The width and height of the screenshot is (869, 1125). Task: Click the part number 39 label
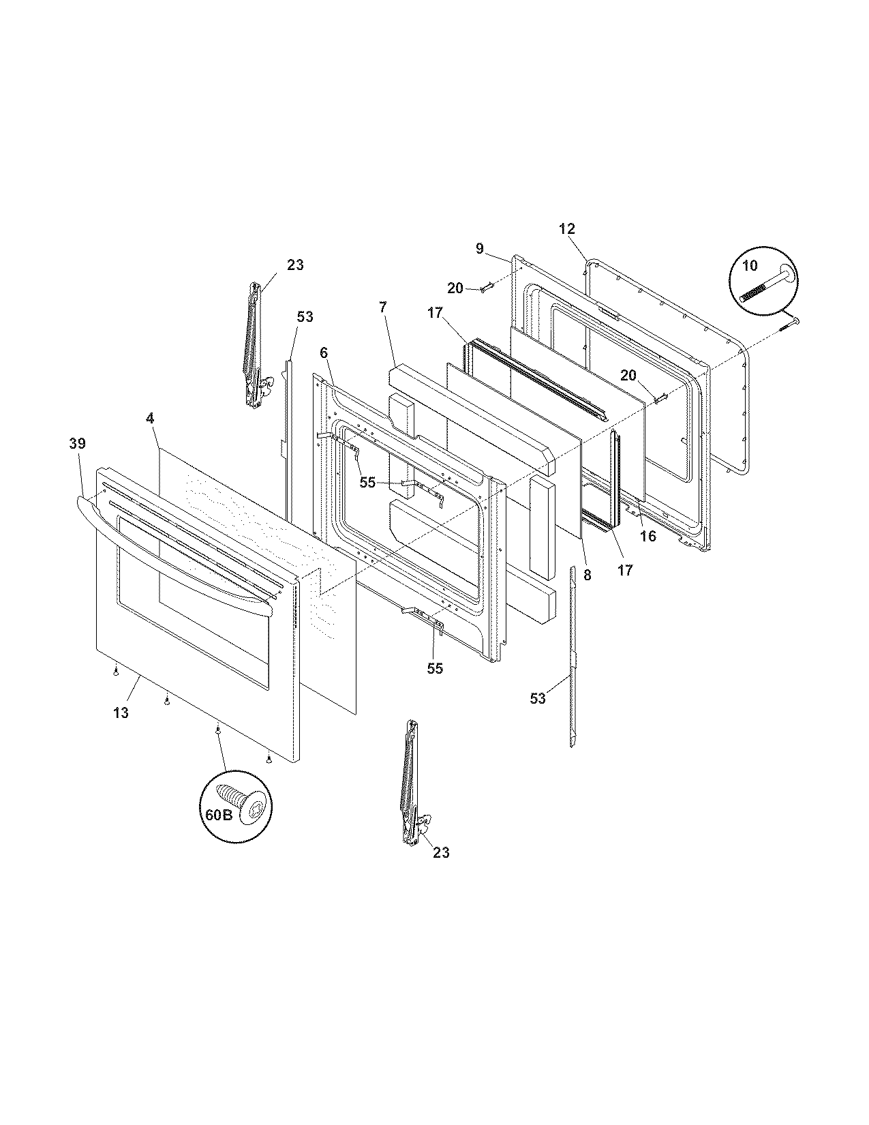point(78,443)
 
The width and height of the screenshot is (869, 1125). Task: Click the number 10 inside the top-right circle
point(750,266)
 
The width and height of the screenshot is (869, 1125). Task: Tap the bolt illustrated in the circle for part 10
point(767,285)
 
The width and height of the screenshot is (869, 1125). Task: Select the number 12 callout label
point(567,228)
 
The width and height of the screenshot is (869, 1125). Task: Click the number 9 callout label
point(480,249)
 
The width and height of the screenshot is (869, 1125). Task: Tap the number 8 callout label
point(588,575)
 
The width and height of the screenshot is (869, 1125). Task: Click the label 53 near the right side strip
point(538,698)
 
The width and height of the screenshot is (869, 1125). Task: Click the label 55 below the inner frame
point(435,668)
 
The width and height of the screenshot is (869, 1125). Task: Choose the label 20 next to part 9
point(455,288)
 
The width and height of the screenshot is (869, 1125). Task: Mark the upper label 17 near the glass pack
point(435,314)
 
